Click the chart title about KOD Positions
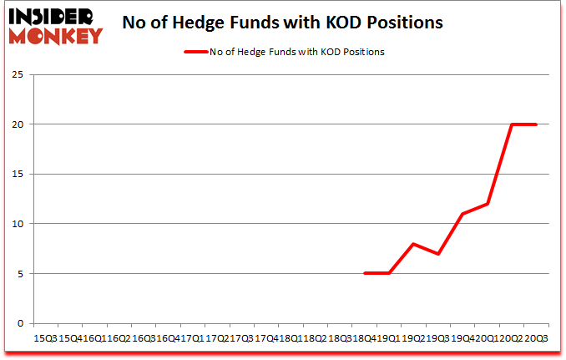point(281,23)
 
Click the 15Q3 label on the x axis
point(45,337)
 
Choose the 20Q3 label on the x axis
point(537,337)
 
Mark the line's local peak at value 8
point(413,244)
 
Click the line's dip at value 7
point(437,254)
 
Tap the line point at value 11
point(462,214)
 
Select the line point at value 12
point(487,204)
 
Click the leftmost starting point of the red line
point(364,274)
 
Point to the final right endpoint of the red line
point(536,124)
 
